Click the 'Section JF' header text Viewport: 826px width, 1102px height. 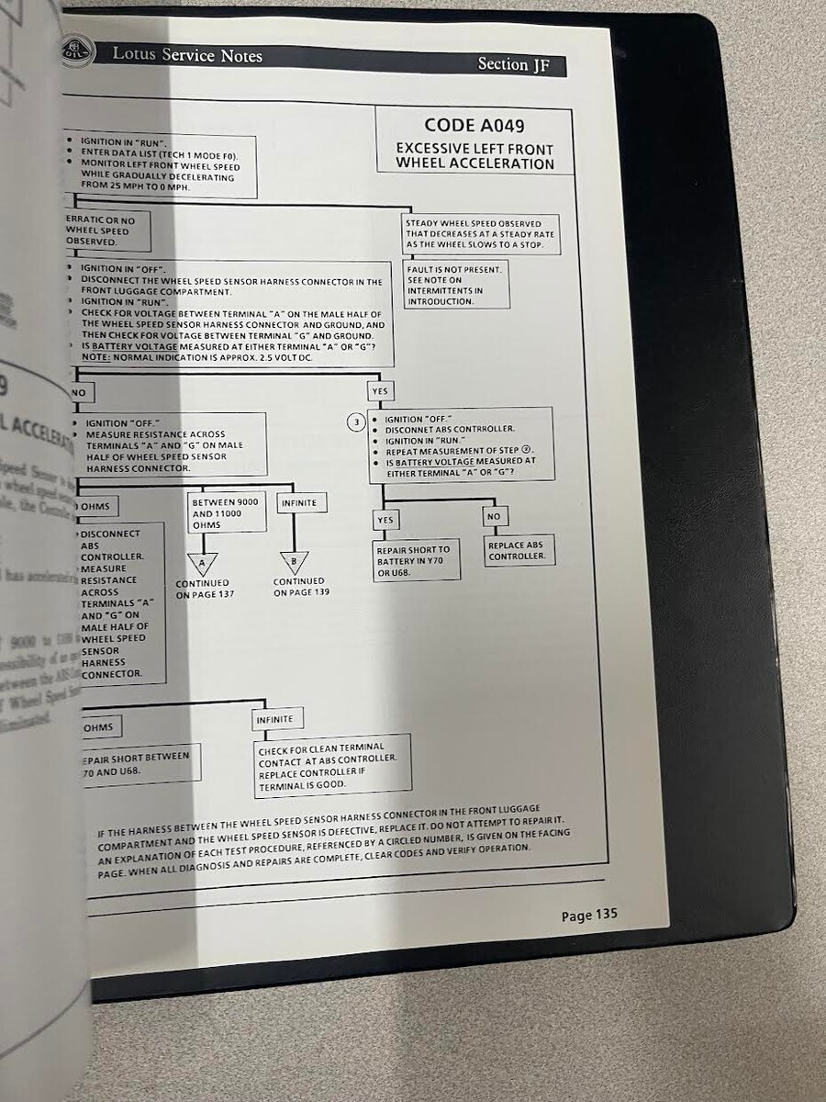(x=516, y=64)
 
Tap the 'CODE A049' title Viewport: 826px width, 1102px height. (x=474, y=125)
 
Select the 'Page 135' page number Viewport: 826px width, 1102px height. (x=589, y=915)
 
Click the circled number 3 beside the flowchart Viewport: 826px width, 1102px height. (x=356, y=422)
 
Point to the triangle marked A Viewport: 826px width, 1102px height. (x=202, y=562)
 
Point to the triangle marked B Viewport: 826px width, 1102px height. (x=294, y=560)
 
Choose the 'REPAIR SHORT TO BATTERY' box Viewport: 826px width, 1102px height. (x=417, y=561)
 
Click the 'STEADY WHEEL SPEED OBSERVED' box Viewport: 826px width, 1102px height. (x=481, y=234)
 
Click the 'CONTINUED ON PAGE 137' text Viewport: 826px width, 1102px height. (x=203, y=589)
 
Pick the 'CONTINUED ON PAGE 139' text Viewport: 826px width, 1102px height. (x=299, y=587)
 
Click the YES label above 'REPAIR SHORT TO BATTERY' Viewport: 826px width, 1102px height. (x=385, y=521)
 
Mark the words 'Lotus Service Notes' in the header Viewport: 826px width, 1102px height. (x=187, y=55)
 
